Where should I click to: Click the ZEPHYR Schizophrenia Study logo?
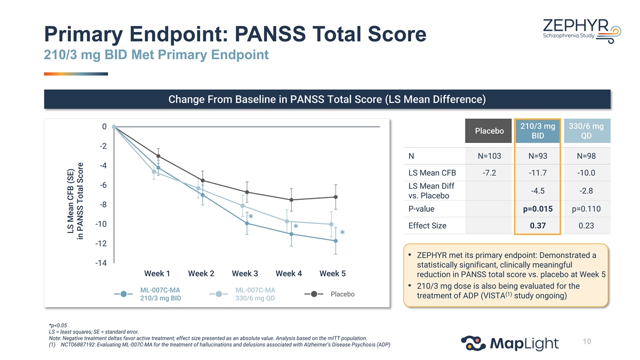coord(582,31)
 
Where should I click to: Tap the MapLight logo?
coord(510,343)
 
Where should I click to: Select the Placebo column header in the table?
coord(489,131)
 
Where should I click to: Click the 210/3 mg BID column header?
coord(538,131)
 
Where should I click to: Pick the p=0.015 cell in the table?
coord(538,209)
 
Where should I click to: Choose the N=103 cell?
coord(489,156)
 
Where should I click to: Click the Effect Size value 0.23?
coord(586,226)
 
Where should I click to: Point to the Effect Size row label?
coord(427,226)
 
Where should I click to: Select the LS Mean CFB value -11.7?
coord(538,173)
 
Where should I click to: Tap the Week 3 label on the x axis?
coord(245,274)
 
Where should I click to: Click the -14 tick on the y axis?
coord(101,263)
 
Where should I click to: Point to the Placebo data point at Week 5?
coord(335,197)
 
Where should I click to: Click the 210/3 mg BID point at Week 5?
coord(335,241)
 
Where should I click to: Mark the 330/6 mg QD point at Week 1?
coord(154,172)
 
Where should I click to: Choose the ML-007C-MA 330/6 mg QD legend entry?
coord(242,294)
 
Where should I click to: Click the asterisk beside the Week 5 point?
coord(342,233)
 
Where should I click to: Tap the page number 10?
coord(587,341)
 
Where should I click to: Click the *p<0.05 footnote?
coord(58,325)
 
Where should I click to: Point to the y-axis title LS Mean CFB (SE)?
coord(70,201)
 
